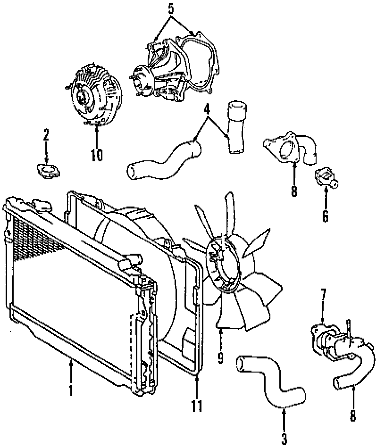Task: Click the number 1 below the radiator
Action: (x=71, y=390)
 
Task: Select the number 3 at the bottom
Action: (x=284, y=438)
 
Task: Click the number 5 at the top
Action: (x=171, y=8)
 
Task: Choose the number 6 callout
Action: (x=325, y=216)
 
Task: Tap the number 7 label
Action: (x=323, y=295)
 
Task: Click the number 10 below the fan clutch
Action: (x=96, y=155)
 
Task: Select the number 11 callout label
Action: (x=197, y=405)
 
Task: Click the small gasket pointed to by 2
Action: (x=48, y=170)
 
